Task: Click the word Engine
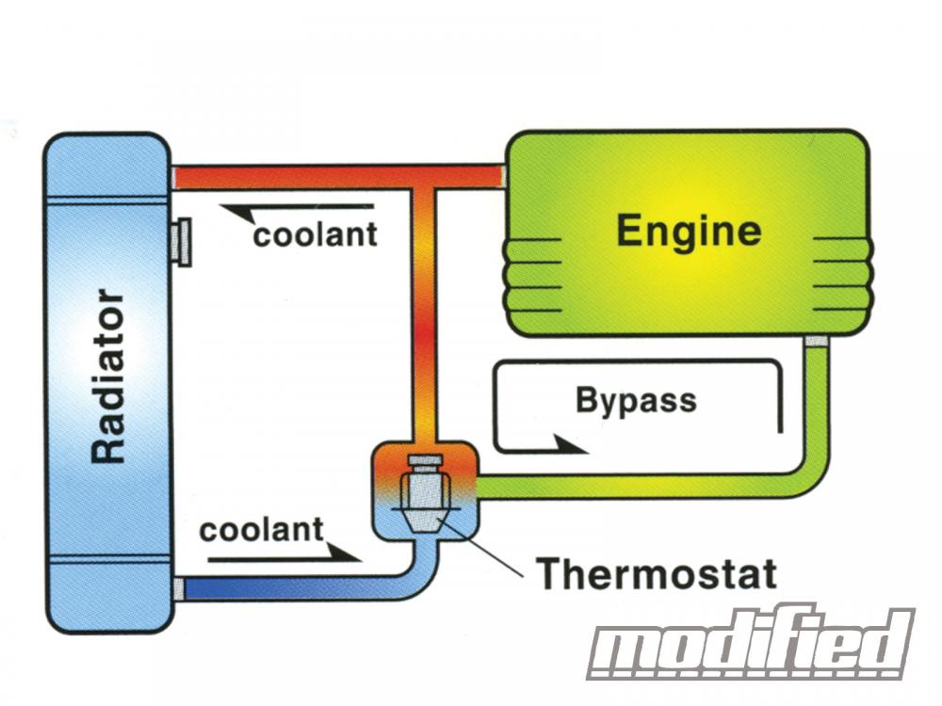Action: (689, 231)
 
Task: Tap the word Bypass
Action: (636, 400)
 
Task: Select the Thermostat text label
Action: (657, 572)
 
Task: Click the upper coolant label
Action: (315, 234)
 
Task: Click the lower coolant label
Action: (261, 529)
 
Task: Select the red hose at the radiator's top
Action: (283, 176)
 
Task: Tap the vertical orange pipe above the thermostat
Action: (425, 311)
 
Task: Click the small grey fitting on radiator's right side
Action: (181, 241)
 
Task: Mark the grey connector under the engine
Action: (816, 341)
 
